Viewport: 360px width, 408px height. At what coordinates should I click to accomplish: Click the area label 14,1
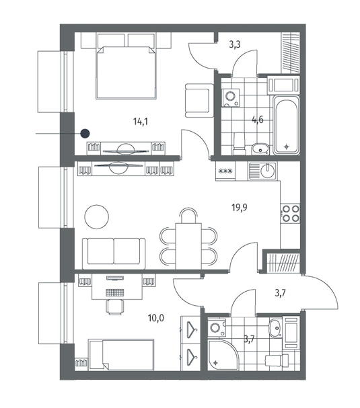pyautogui.click(x=141, y=121)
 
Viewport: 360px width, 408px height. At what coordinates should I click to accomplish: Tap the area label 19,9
pyautogui.click(x=240, y=208)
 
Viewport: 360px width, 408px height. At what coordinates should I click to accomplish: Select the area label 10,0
pyautogui.click(x=156, y=318)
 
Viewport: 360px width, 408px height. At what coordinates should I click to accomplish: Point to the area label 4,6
pyautogui.click(x=258, y=120)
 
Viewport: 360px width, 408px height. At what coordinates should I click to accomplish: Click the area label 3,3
pyautogui.click(x=235, y=44)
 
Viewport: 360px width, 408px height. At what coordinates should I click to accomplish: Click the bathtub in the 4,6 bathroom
pyautogui.click(x=286, y=125)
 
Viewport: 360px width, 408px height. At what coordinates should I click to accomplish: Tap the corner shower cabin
pyautogui.click(x=223, y=354)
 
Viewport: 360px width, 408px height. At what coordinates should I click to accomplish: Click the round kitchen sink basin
pyautogui.click(x=268, y=171)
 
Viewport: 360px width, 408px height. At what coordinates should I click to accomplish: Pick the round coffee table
pyautogui.click(x=97, y=216)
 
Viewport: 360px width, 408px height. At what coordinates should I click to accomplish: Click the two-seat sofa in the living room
pyautogui.click(x=114, y=253)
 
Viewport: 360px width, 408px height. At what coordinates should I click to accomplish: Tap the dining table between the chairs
pyautogui.click(x=188, y=246)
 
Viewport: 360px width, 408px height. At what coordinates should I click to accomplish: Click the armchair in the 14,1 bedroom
pyautogui.click(x=199, y=100)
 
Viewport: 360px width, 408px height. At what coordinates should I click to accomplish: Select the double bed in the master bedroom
pyautogui.click(x=127, y=73)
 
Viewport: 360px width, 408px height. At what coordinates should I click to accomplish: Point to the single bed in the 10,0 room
pyautogui.click(x=121, y=354)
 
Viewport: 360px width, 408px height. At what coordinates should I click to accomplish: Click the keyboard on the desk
pyautogui.click(x=114, y=292)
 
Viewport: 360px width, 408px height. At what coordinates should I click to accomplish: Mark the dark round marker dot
pyautogui.click(x=85, y=134)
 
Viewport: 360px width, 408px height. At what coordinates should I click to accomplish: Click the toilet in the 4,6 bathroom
pyautogui.click(x=240, y=143)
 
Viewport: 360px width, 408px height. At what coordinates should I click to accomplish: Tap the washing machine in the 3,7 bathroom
pyautogui.click(x=217, y=327)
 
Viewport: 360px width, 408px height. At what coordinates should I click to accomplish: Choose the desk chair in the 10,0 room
pyautogui.click(x=114, y=307)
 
